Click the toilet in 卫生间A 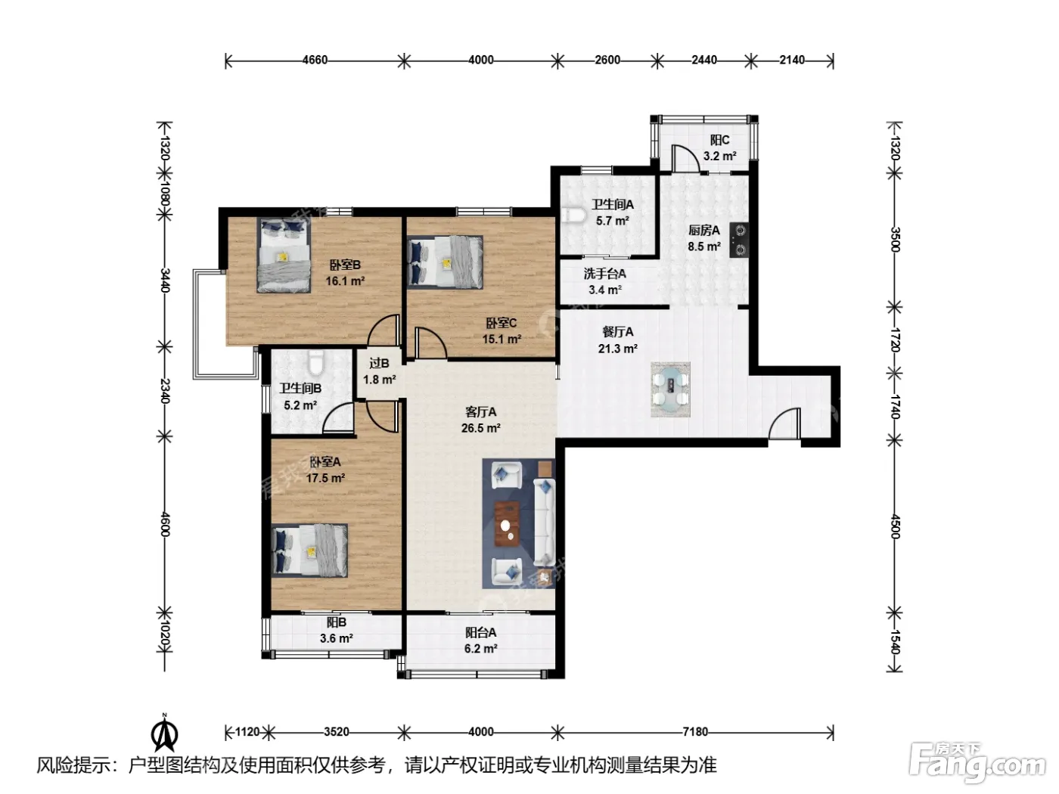coord(573,215)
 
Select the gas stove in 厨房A coord(739,240)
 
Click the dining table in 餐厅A coord(670,389)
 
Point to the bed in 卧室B coord(283,255)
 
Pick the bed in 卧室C coord(445,262)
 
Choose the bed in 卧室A coord(309,550)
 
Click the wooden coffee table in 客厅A coord(507,522)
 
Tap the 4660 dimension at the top coord(315,60)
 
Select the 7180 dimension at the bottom coord(694,732)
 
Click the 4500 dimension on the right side coord(895,526)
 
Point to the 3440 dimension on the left coord(164,280)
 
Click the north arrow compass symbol coord(164,733)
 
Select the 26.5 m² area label coord(480,428)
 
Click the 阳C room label coord(719,141)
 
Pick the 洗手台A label coord(604,274)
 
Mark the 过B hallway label coord(379,364)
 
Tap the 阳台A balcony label coord(480,632)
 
